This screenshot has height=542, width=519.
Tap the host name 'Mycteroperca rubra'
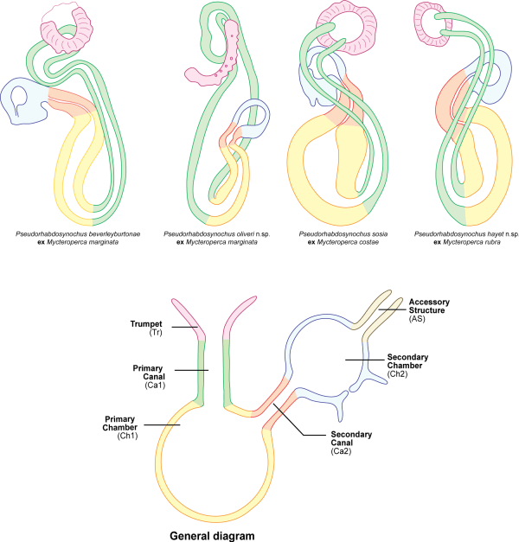(465, 243)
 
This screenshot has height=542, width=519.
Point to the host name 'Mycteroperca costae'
(341, 243)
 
